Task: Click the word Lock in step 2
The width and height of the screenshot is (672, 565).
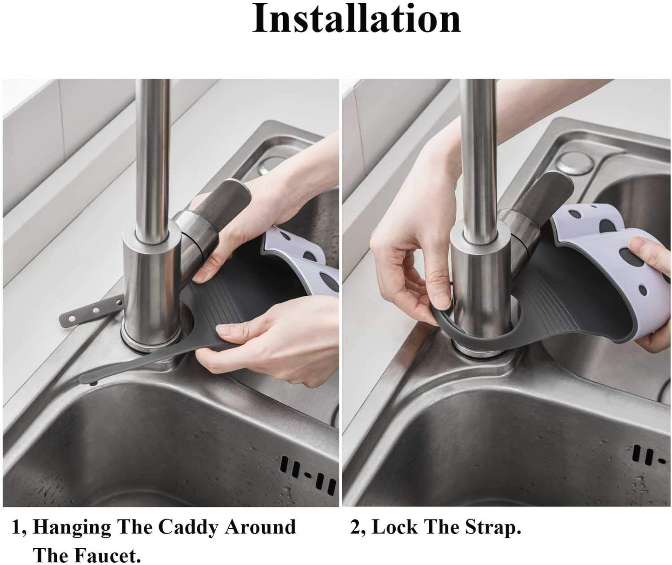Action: click(x=394, y=527)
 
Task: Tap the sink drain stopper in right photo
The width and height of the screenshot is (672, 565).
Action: click(x=575, y=164)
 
